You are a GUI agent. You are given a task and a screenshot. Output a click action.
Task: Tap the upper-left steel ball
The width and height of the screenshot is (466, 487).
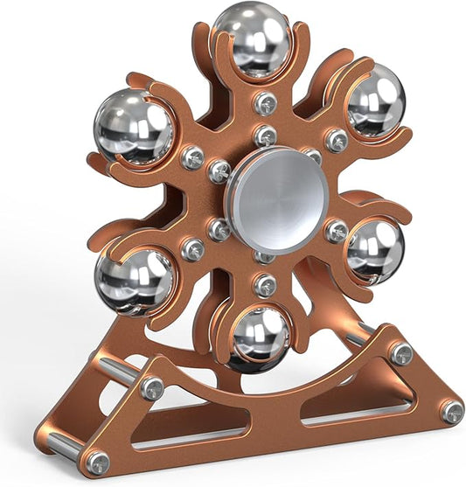(134, 127)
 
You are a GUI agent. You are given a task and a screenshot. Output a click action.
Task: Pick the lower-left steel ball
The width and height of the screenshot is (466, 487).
(135, 282)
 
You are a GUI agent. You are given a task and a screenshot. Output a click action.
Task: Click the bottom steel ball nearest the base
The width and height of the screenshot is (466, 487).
(261, 336)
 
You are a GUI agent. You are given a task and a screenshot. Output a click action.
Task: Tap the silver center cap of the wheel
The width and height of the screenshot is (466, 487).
(277, 198)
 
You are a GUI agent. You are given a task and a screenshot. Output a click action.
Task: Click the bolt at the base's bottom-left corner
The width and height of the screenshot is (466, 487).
(98, 462)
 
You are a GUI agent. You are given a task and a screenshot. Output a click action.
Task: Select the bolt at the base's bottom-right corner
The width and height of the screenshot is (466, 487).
(451, 411)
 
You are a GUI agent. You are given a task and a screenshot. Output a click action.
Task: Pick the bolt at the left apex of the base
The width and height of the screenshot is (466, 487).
(151, 387)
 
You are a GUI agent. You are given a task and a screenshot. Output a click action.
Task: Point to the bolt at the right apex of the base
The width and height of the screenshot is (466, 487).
(401, 352)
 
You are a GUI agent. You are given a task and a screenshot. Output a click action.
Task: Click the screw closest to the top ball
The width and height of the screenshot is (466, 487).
(265, 104)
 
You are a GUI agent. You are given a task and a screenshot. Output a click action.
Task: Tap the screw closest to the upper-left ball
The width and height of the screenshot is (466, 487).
(191, 157)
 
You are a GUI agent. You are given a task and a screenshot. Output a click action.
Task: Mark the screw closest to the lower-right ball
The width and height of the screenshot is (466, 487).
(337, 231)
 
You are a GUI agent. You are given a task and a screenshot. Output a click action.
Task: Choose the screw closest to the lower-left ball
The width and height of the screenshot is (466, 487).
(192, 249)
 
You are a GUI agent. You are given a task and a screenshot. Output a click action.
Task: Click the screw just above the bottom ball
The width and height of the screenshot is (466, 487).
(265, 285)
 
